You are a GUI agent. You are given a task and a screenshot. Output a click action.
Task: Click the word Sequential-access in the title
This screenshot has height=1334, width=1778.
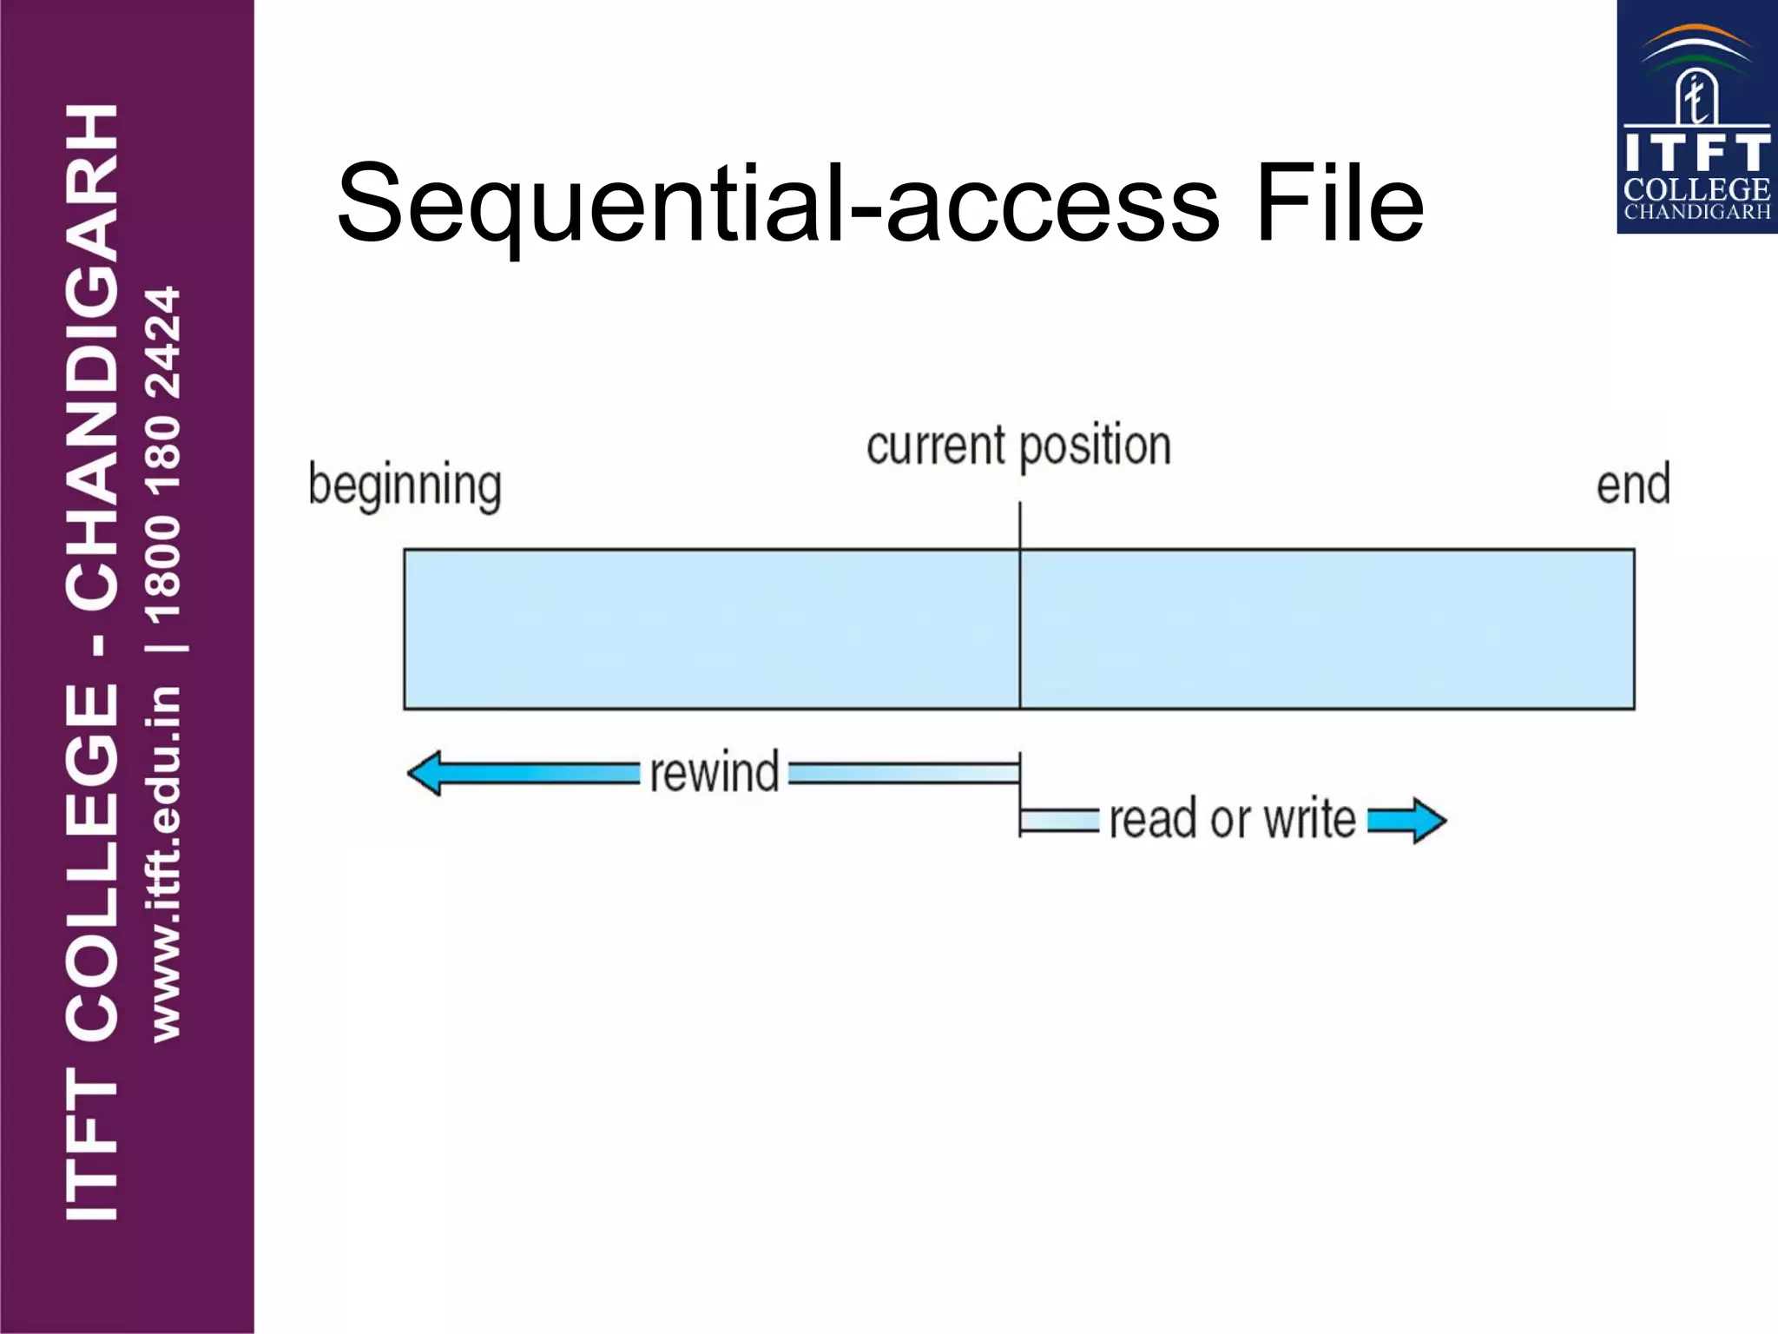(x=777, y=204)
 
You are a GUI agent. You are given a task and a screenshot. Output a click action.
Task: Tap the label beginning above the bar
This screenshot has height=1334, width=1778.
(x=405, y=485)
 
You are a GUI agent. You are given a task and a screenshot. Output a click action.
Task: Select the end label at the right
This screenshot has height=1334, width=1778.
(x=1633, y=485)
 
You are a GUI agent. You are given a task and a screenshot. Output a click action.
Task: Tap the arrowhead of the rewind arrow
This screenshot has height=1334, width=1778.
(x=425, y=773)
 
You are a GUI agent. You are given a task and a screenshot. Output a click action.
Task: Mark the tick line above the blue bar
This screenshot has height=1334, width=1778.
(x=1019, y=525)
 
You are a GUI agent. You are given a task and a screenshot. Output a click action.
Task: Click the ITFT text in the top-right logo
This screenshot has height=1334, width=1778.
(x=1696, y=152)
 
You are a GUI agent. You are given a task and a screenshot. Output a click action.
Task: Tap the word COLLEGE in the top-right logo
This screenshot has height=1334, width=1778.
(x=1696, y=189)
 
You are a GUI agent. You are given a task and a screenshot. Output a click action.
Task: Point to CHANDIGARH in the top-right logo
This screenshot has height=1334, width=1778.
(x=1696, y=212)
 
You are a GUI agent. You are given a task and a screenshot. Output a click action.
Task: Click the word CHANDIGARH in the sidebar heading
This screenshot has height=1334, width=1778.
(x=92, y=356)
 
